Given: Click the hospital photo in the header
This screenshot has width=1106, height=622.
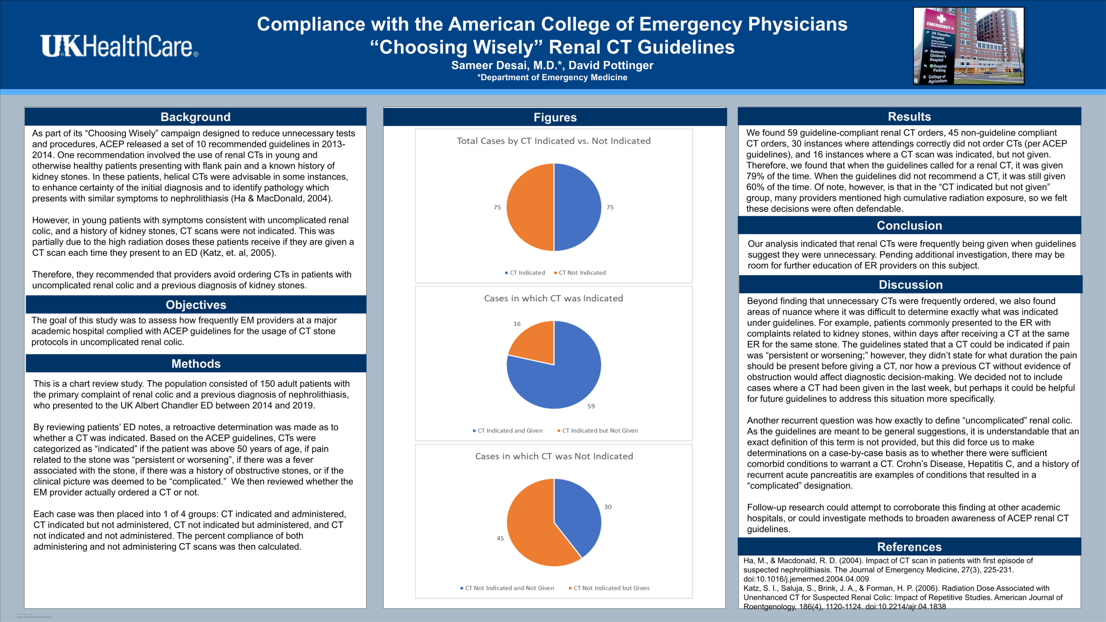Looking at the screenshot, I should (969, 46).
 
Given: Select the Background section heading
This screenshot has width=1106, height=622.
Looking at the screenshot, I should (195, 117).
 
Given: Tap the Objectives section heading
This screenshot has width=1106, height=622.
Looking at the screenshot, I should (196, 305).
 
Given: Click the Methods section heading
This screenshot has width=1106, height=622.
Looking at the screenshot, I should (196, 364).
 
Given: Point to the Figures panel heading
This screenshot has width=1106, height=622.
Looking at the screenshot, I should (555, 117).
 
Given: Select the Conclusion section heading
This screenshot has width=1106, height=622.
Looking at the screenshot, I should (909, 225).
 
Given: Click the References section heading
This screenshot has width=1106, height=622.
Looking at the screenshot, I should (909, 547).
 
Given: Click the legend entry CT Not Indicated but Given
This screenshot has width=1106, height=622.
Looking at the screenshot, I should (611, 588).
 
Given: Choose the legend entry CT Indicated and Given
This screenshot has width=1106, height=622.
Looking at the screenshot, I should (509, 430).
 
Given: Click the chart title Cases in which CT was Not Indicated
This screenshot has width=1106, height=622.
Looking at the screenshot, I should (554, 456).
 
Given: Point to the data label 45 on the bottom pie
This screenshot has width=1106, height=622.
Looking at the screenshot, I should (500, 538).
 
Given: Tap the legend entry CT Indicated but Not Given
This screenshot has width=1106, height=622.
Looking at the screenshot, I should (599, 430).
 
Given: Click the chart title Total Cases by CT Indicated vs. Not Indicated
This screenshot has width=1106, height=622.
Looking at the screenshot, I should (553, 141).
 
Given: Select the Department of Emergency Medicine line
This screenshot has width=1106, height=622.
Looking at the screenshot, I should (552, 77).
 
